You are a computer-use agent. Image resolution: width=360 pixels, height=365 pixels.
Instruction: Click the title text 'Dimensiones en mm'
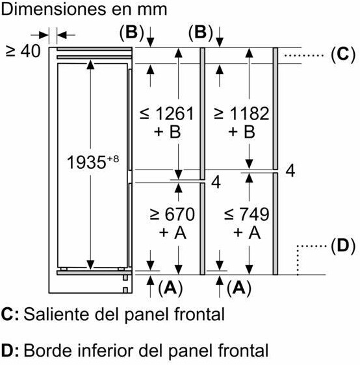click(x=84, y=9)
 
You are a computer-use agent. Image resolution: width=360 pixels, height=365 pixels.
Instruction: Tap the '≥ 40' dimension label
click(x=23, y=51)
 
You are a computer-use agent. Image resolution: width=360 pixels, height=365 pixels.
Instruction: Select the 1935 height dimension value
click(x=86, y=162)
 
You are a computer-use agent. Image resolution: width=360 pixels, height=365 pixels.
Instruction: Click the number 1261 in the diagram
click(x=174, y=114)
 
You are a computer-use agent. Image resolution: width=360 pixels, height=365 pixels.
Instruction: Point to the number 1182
click(x=249, y=114)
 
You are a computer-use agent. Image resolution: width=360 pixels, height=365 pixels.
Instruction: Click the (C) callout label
click(x=343, y=55)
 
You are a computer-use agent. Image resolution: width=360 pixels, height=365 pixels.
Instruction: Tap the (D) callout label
click(x=343, y=245)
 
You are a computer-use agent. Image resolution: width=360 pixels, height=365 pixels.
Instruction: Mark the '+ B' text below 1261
click(x=167, y=132)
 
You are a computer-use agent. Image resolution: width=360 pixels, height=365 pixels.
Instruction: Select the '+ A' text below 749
click(x=247, y=233)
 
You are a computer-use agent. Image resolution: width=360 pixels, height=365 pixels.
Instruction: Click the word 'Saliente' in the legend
click(x=58, y=314)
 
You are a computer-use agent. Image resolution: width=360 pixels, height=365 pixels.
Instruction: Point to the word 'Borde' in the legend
click(x=45, y=351)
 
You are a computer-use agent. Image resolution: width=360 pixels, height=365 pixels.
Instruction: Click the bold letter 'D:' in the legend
click(x=10, y=351)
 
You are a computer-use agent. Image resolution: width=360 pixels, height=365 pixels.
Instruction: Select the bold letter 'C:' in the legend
click(x=10, y=314)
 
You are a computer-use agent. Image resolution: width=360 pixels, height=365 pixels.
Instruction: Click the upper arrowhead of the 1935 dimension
click(x=90, y=64)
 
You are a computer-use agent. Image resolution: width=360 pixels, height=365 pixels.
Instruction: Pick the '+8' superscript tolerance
click(x=113, y=159)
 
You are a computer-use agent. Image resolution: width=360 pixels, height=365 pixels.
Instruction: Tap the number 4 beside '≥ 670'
click(x=216, y=182)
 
